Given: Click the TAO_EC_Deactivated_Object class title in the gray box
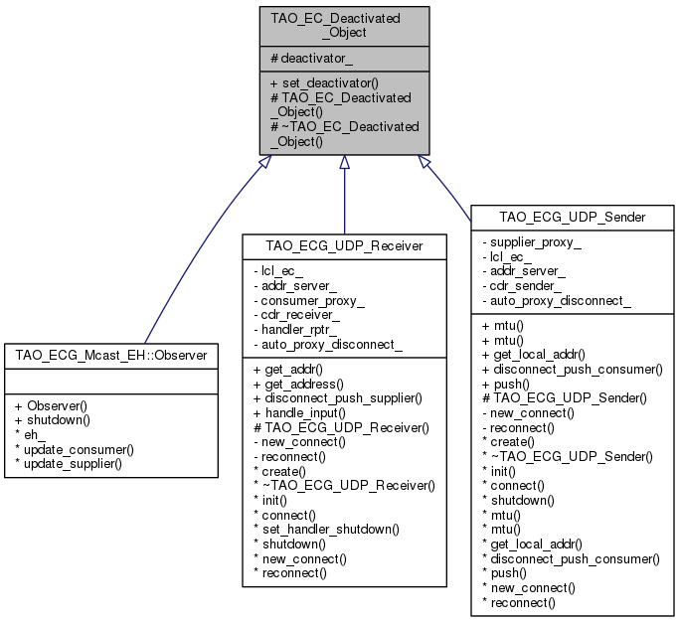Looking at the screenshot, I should pos(344,24).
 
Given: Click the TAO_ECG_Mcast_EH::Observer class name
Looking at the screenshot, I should pos(110,355).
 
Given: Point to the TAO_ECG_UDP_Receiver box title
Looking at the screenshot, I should pos(344,244).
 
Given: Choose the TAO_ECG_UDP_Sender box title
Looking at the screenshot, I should pos(573,216).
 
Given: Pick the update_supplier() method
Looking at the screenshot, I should pos(74,464).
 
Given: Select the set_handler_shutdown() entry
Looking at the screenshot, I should pos(328,529).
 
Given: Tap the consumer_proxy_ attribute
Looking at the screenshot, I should pos(311,300).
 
